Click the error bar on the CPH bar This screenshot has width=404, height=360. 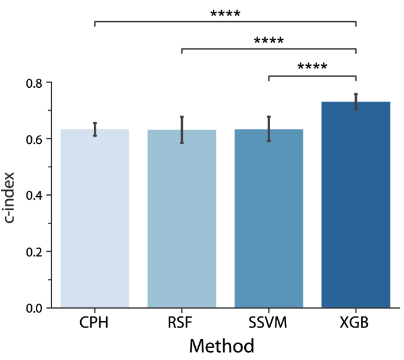pyautogui.click(x=94, y=129)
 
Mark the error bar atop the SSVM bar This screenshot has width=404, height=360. pyautogui.click(x=269, y=129)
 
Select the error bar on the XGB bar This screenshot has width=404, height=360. pyautogui.click(x=356, y=101)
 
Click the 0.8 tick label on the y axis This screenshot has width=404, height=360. pyautogui.click(x=34, y=83)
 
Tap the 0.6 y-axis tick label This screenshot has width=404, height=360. pyautogui.click(x=34, y=139)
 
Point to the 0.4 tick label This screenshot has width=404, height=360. pyautogui.click(x=34, y=195)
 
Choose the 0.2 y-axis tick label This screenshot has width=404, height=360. pyautogui.click(x=34, y=252)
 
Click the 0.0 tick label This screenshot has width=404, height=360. pyautogui.click(x=34, y=308)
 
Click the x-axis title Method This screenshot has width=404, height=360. pyautogui.click(x=221, y=346)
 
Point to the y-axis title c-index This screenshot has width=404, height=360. pyautogui.click(x=12, y=195)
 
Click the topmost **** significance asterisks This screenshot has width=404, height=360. pyautogui.click(x=225, y=14)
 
